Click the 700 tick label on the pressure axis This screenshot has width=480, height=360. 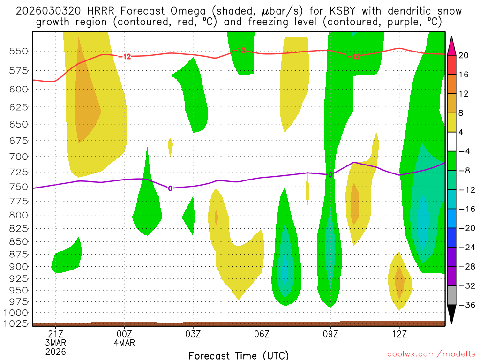(x=18, y=156)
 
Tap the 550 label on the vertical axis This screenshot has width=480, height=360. (x=18, y=51)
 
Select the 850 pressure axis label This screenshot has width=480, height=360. (x=18, y=241)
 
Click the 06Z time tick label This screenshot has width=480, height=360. (x=262, y=334)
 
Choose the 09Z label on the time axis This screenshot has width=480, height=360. (x=330, y=334)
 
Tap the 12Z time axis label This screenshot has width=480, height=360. (x=399, y=334)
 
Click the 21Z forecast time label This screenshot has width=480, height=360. (x=56, y=334)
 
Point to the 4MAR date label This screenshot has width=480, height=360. (x=124, y=343)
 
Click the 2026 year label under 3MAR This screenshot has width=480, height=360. (x=56, y=352)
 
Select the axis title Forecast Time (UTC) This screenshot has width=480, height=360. (x=239, y=355)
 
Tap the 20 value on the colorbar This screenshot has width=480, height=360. (x=464, y=55)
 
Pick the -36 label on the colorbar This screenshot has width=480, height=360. (x=465, y=305)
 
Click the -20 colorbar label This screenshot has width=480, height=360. (x=465, y=228)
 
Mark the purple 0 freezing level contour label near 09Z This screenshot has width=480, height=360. (x=330, y=174)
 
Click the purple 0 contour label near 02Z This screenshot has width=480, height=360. (x=170, y=188)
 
